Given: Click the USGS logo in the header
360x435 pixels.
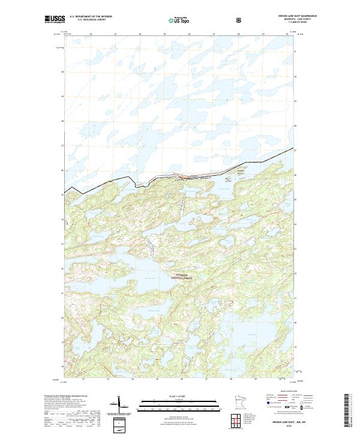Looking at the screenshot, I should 53,19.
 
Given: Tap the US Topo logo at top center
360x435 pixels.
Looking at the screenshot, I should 180,20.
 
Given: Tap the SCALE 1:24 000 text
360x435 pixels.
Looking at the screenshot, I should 179,397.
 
